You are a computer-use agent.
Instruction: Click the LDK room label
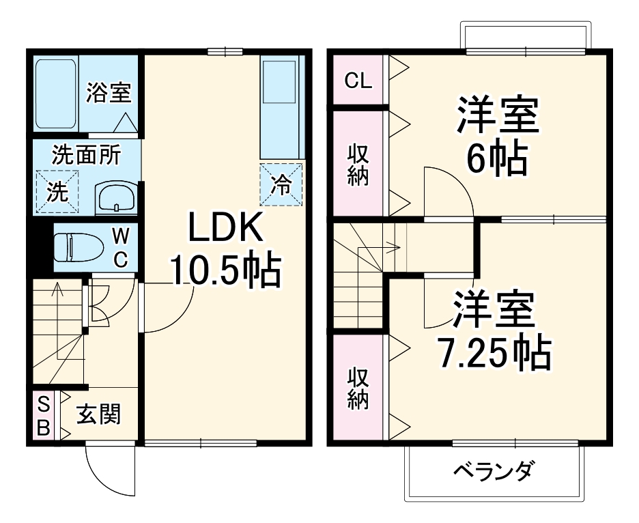click(225, 230)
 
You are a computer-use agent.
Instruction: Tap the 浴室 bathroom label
click(109, 93)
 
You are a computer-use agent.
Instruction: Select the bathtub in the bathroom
click(56, 93)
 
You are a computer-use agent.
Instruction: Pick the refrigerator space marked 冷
click(281, 184)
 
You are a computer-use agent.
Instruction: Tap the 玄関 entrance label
click(98, 414)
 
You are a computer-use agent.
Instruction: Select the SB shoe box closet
click(43, 416)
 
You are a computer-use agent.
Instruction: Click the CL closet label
click(358, 81)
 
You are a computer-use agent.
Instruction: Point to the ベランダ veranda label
click(493, 471)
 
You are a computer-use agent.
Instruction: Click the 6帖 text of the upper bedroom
click(497, 160)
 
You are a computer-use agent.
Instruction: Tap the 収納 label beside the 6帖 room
click(358, 165)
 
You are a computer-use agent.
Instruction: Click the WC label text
click(120, 248)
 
